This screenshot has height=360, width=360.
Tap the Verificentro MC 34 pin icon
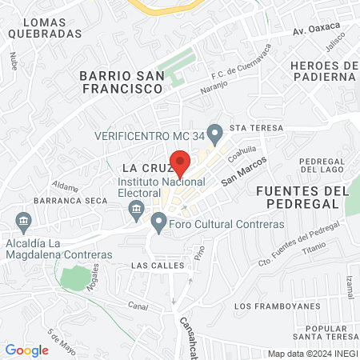click(x=214, y=132)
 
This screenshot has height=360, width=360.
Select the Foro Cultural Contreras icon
click(x=158, y=222)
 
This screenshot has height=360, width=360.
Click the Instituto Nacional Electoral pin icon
click(x=135, y=210)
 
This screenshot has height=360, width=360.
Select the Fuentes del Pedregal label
click(x=303, y=198)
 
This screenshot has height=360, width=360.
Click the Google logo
click(x=26, y=350)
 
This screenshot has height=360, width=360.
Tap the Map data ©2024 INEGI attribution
click(x=311, y=354)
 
